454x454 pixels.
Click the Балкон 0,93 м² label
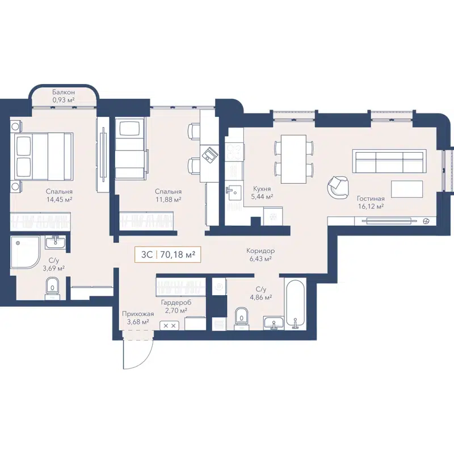tap(64, 95)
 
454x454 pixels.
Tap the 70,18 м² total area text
tap(178, 255)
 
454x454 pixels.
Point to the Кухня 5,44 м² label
tap(262, 192)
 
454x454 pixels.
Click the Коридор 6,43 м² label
tap(260, 255)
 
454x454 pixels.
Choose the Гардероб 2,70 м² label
tap(175, 306)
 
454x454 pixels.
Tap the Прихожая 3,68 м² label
tap(137, 318)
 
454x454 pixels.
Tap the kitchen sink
tap(232, 191)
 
